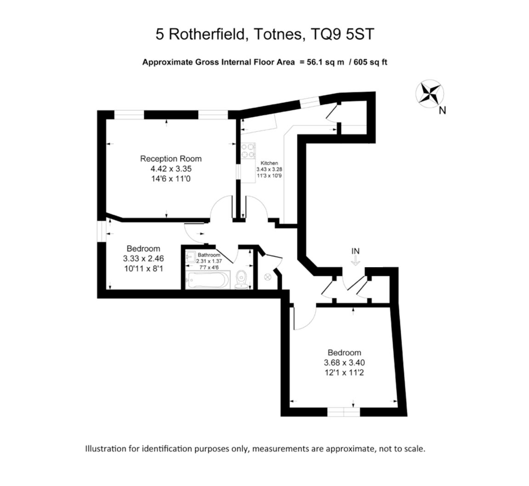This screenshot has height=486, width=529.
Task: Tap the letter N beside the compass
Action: point(442,110)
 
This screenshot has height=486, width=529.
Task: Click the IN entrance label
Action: point(356,251)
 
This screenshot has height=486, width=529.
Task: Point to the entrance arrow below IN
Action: point(355,261)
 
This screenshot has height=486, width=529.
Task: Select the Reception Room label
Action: point(171,159)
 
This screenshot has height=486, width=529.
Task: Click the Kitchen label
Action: point(269,163)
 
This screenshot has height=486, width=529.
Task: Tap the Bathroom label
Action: point(209,255)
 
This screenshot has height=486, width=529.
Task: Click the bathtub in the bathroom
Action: point(208,280)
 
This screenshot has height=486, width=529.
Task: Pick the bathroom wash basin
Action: point(191,257)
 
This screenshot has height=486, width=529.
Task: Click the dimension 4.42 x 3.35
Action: point(171,168)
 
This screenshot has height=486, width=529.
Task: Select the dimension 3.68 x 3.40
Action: point(344,363)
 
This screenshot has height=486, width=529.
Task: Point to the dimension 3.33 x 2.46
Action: point(143,259)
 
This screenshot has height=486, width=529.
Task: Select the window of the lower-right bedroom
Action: point(344,412)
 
